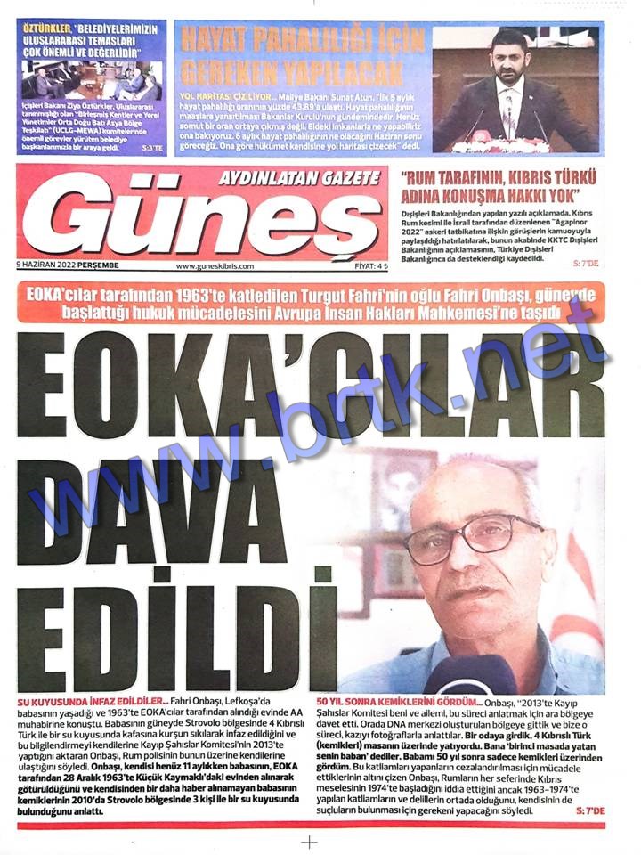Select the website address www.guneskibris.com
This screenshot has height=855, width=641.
point(215,265)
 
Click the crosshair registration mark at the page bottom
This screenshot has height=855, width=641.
point(309,842)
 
